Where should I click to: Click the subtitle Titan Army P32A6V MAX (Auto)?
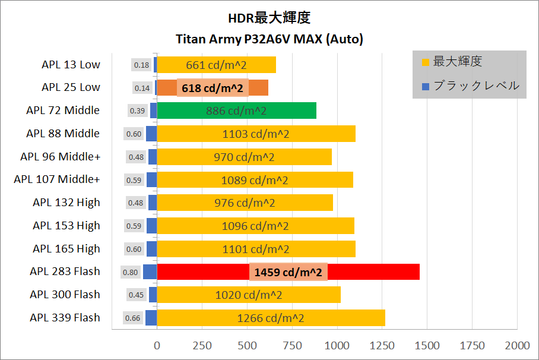269,40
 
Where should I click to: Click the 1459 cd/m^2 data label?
288,273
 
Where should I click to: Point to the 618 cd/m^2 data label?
213,88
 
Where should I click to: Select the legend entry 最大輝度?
458,61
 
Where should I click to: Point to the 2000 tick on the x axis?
517,345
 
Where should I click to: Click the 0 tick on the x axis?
157,345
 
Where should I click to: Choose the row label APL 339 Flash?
65,317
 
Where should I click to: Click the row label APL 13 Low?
71,64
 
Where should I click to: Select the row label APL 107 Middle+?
57,179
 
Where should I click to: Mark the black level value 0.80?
130,272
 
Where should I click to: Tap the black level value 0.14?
142,88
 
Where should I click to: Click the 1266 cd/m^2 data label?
271,318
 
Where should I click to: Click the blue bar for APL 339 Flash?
151,318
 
